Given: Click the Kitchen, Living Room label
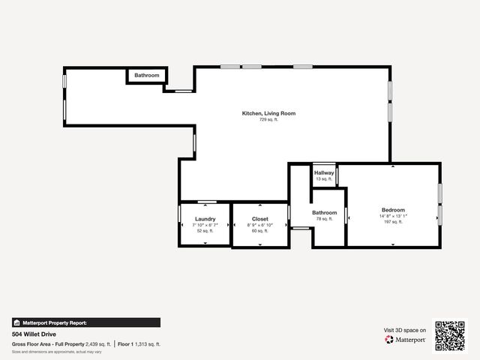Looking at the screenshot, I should [268, 113].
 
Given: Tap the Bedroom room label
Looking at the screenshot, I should [393, 210].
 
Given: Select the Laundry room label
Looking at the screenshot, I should [205, 219].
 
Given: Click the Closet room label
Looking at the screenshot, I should [260, 219].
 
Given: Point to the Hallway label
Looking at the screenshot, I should [324, 172].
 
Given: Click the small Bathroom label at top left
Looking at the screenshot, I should [147, 75].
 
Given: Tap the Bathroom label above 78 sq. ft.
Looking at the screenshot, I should [324, 212].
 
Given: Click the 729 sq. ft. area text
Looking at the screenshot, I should [268, 120].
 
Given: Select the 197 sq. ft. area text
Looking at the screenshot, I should [393, 222].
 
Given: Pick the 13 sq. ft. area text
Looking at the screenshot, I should [324, 179].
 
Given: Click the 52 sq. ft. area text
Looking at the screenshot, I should [205, 231].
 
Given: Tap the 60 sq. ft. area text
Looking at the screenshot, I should [260, 231].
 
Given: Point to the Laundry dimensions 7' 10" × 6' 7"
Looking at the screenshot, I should [205, 225].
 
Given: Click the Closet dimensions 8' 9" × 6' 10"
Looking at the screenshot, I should [260, 225].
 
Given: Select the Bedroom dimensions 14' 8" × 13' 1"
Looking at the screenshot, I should [393, 216].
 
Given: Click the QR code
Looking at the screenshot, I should [450, 335].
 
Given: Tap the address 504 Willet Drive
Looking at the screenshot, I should [34, 334].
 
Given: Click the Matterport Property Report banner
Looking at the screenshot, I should [86, 322].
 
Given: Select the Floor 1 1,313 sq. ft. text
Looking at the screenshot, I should [139, 343].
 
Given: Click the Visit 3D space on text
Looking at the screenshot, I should [405, 330].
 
